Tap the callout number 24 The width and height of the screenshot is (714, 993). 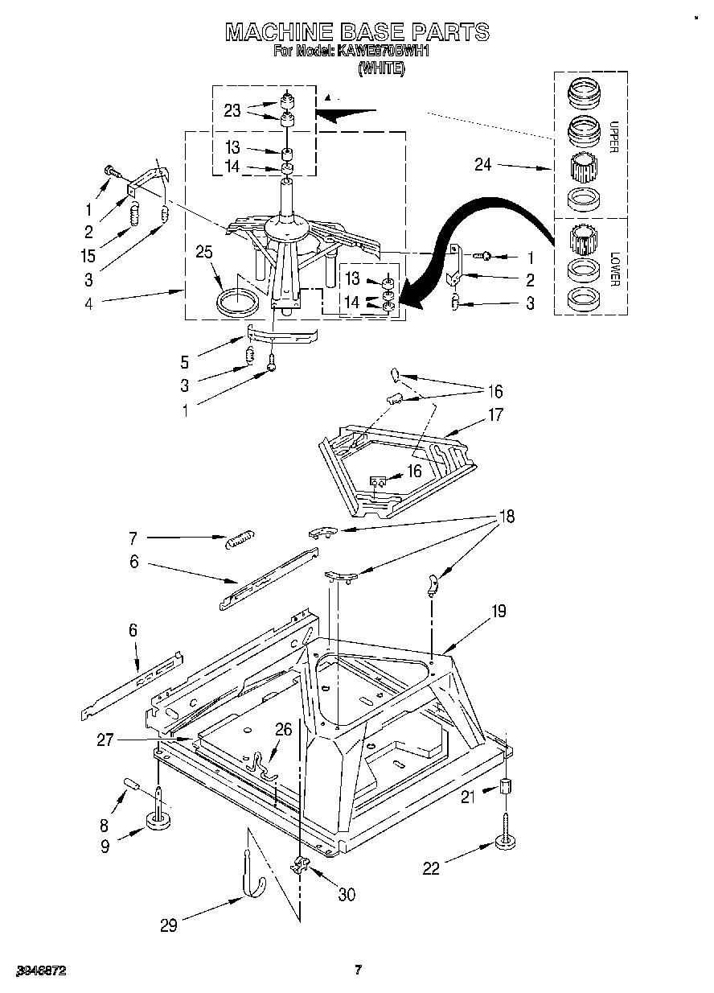483,167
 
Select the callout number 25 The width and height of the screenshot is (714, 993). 204,252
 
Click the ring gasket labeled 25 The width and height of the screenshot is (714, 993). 239,303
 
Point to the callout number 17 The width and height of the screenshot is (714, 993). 495,415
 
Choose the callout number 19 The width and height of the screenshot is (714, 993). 499,612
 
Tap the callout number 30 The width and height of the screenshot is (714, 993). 347,894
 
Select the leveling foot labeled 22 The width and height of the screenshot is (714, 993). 504,839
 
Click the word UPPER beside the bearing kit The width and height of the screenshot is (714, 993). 613,137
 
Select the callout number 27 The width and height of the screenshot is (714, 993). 105,739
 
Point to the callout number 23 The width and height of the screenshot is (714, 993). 232,111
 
